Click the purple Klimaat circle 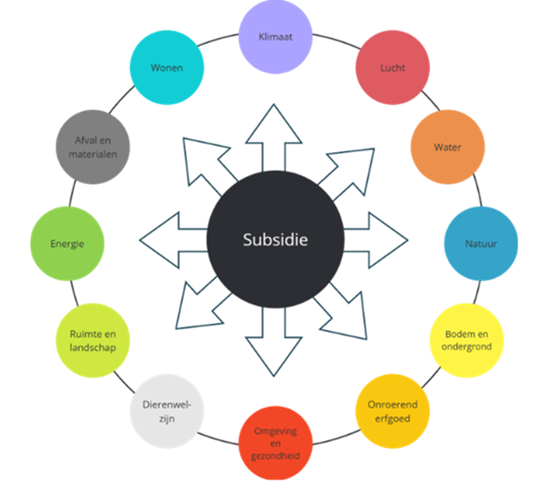tap(275, 36)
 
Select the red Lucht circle tap(392, 68)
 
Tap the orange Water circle tap(447, 147)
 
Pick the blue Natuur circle tap(480, 243)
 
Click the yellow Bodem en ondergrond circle tap(466, 340)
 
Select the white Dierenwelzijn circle tap(165, 412)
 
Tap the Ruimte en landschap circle tap(93, 341)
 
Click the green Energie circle tap(67, 244)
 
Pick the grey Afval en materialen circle tap(92, 147)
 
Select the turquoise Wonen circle tap(166, 68)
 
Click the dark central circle tap(275, 239)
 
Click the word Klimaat tap(275, 37)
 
